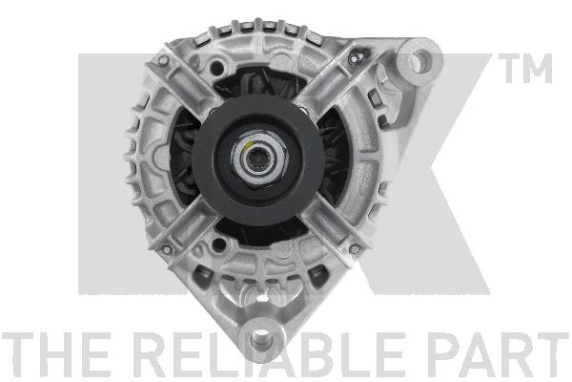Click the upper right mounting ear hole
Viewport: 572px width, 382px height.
pos(417,63)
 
